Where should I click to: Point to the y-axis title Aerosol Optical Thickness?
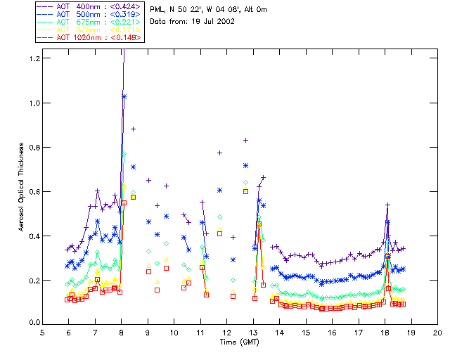tap(22, 188)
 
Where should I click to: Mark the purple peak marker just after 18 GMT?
tap(387, 205)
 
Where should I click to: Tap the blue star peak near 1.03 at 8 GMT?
tap(124, 96)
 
